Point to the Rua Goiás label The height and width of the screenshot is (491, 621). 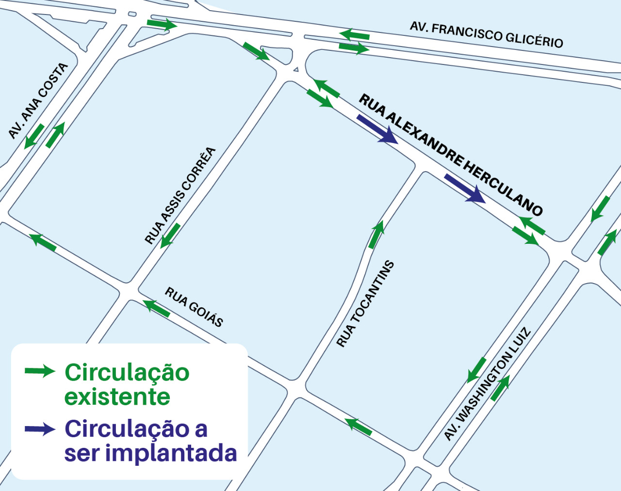tap(194, 307)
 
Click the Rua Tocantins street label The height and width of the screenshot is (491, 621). tap(365, 304)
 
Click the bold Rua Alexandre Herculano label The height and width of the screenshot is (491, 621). tap(450, 155)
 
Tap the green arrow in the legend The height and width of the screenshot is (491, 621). tap(40, 371)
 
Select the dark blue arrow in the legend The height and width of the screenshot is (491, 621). tap(40, 429)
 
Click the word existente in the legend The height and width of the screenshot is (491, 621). tap(117, 397)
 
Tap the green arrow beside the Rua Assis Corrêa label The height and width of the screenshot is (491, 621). tap(170, 236)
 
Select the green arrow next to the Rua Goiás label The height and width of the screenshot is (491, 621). tap(156, 308)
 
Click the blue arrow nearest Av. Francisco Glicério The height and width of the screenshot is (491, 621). tap(377, 129)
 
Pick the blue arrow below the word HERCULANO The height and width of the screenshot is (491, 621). tap(465, 189)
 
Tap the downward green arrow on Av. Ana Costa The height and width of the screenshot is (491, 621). tap(34, 136)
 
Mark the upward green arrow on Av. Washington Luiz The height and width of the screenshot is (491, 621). tap(500, 388)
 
